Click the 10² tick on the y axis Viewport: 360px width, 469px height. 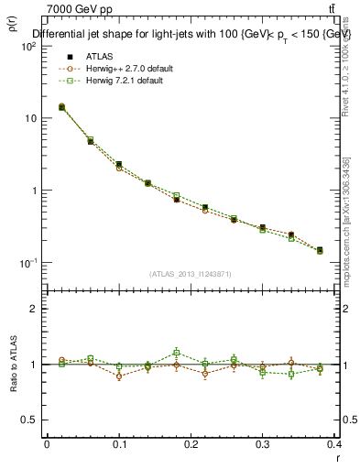(x=27, y=47)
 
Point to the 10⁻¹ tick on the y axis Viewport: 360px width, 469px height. (x=27, y=263)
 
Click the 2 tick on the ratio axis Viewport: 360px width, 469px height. (x=33, y=310)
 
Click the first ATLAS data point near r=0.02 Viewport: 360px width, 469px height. (x=61, y=107)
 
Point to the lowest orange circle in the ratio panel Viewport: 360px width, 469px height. (x=119, y=376)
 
